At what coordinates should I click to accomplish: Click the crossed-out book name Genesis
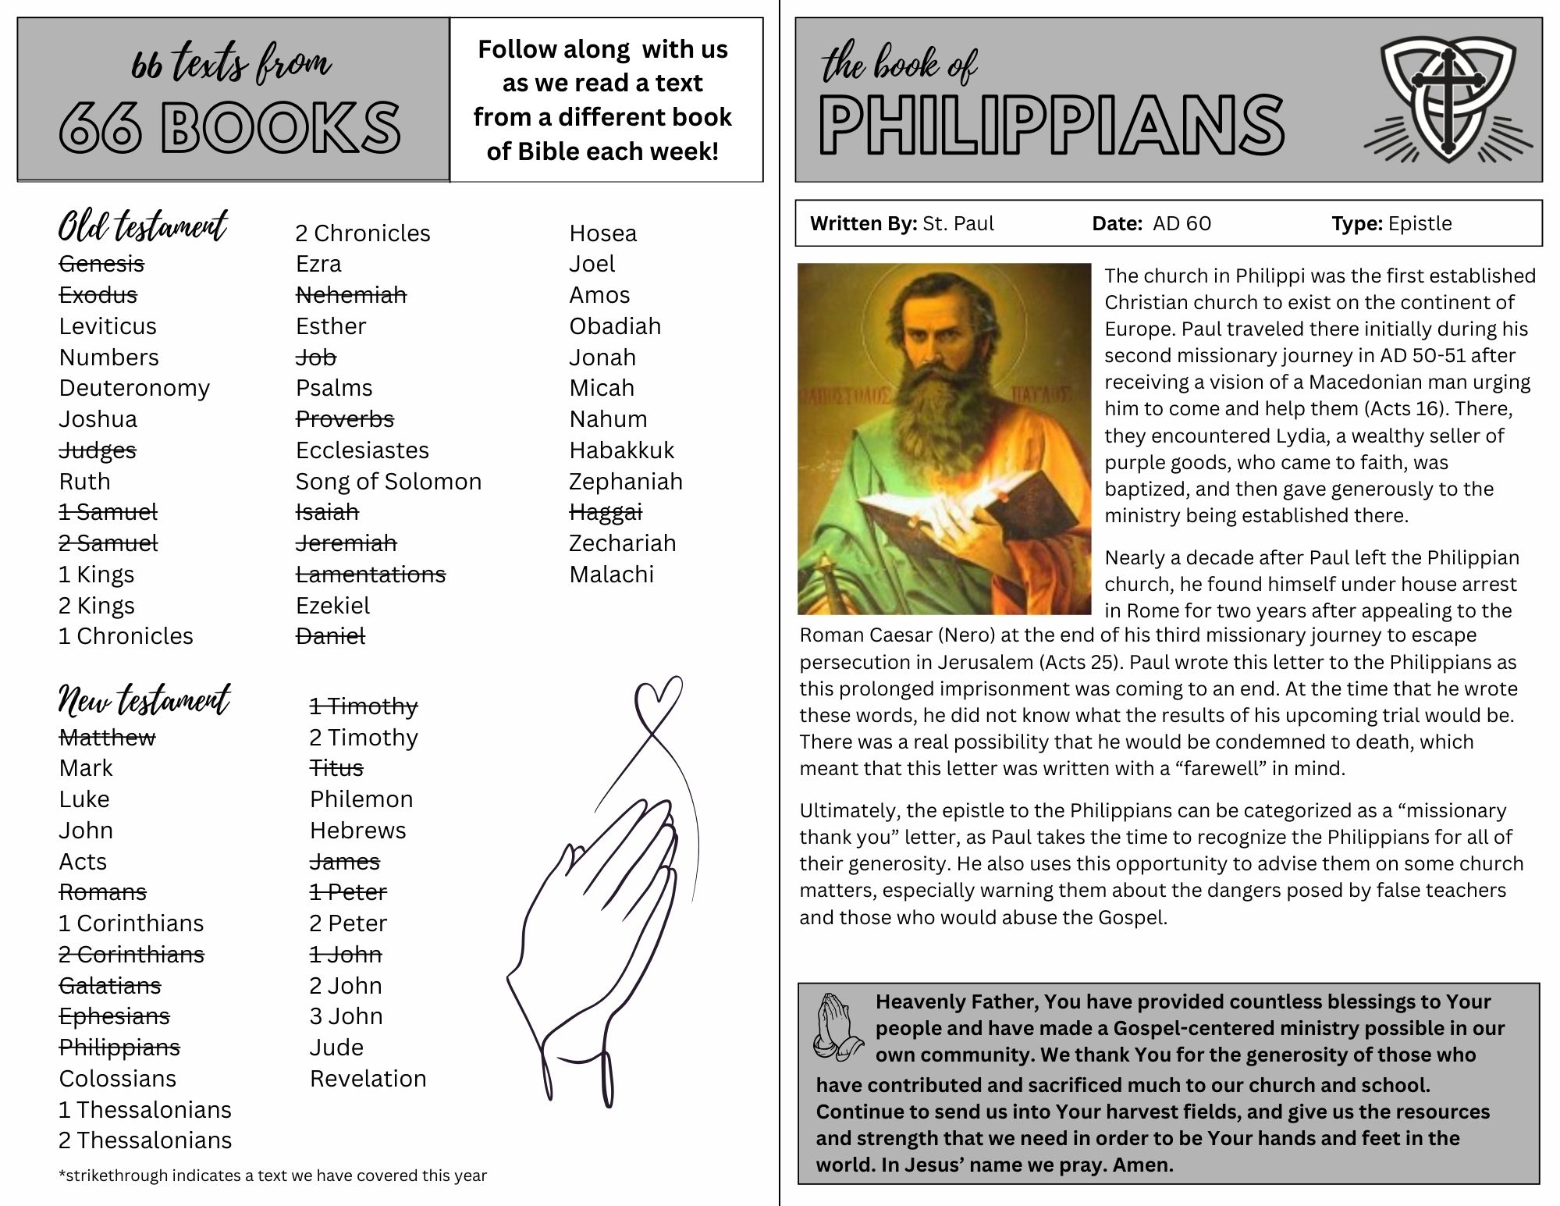coord(101,264)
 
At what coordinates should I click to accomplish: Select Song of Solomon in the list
coord(388,482)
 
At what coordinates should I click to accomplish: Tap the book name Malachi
coord(611,575)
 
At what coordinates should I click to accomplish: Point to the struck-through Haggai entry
coord(605,512)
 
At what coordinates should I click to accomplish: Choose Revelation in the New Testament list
coord(368,1079)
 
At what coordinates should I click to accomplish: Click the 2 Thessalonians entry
coord(145,1140)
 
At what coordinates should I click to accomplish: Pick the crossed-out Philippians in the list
coord(119,1048)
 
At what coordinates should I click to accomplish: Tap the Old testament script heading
coord(143,226)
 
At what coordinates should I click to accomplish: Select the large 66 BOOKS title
coord(230,127)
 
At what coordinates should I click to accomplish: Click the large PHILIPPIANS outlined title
coord(1051,126)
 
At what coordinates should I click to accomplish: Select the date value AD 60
coord(1182,224)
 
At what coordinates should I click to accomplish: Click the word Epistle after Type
coord(1420,224)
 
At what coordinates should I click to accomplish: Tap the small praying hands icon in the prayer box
coord(837,1026)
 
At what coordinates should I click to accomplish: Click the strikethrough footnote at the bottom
coord(272,1176)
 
